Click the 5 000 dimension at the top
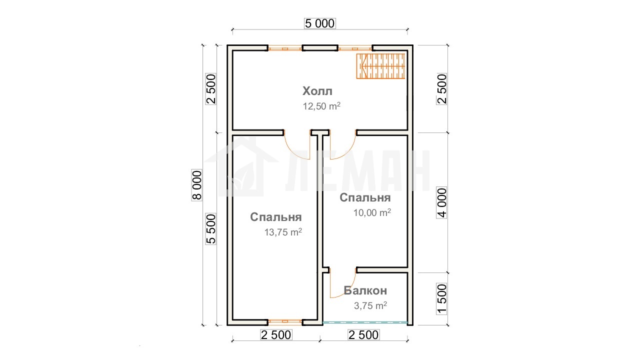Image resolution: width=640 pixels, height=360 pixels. [x=319, y=23]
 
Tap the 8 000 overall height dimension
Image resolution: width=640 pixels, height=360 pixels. [x=197, y=185]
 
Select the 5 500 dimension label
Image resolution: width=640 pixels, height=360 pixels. [x=211, y=229]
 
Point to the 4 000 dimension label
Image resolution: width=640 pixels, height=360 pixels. [x=441, y=203]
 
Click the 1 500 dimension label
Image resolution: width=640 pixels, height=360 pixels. [x=441, y=299]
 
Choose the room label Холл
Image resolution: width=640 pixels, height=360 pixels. [x=317, y=91]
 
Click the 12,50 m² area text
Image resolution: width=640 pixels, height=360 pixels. [x=321, y=106]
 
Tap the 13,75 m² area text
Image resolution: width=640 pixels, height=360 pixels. [x=283, y=232]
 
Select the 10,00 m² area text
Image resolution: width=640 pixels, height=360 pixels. [x=372, y=212]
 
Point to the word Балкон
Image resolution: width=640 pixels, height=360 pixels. [x=365, y=290]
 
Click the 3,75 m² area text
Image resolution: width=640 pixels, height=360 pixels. [x=370, y=305]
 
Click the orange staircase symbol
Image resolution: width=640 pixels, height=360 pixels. [x=380, y=66]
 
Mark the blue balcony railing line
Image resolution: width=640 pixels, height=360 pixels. [x=365, y=322]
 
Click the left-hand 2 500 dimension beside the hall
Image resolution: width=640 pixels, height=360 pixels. [x=211, y=89]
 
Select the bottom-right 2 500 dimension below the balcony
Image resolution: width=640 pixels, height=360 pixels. [x=363, y=335]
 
